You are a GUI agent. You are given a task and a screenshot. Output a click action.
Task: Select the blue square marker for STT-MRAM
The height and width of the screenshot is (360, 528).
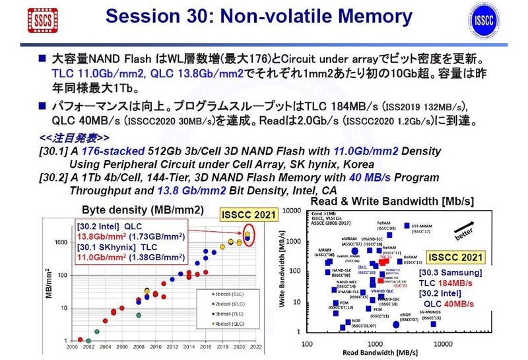tap(406, 225)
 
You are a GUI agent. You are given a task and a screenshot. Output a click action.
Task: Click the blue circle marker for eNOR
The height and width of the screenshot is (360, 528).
tap(396, 324)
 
